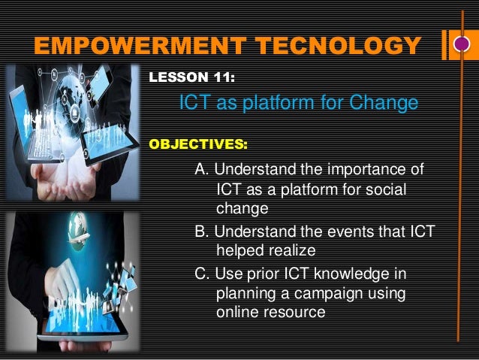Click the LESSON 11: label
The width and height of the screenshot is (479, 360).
193,77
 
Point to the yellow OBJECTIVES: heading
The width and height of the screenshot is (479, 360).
198,142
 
